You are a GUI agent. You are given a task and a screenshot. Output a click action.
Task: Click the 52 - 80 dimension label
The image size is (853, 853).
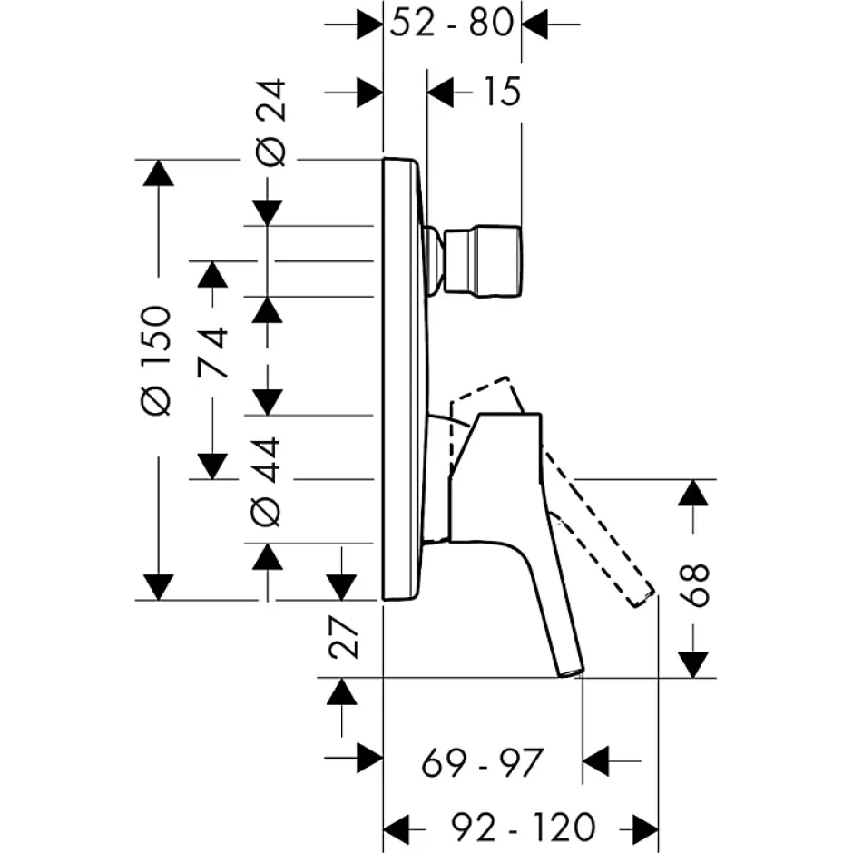[x=452, y=24]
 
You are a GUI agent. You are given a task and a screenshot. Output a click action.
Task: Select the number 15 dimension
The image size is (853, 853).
[x=502, y=92]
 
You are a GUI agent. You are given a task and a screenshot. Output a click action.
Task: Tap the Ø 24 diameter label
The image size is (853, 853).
[x=270, y=122]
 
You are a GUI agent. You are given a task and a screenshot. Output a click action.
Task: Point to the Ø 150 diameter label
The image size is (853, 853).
[x=156, y=360]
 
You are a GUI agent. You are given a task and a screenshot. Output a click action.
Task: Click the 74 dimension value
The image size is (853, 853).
[x=212, y=352]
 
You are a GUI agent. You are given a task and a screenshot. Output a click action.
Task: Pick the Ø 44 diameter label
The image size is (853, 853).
[x=266, y=482]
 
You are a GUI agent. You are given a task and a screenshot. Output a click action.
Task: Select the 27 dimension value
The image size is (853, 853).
[x=344, y=637]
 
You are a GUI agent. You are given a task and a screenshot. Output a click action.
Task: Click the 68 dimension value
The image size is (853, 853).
[x=695, y=585]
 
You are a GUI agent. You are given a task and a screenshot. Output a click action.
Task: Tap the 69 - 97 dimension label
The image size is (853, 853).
[x=483, y=762]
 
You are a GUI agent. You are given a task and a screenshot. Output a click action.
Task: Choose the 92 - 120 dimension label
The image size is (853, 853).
[x=524, y=828]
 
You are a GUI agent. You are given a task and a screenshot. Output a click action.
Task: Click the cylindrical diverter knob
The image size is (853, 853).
[x=483, y=261]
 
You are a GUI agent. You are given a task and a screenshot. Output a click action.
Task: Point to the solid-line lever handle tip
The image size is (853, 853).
[x=572, y=672]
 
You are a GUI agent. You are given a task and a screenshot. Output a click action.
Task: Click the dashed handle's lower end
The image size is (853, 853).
[x=641, y=598]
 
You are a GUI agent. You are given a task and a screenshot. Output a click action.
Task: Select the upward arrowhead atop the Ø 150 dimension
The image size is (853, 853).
[x=158, y=173]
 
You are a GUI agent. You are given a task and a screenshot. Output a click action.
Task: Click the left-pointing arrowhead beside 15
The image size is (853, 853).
[x=440, y=93]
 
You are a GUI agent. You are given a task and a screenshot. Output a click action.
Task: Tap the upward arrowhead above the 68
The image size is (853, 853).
[x=692, y=493]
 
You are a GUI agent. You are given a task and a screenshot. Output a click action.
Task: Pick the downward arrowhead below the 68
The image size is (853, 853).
[x=692, y=665]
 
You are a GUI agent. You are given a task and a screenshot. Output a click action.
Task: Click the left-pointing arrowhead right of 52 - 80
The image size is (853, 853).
[x=534, y=24]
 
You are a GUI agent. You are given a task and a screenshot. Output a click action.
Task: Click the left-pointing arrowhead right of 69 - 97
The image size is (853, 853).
[x=595, y=761]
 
